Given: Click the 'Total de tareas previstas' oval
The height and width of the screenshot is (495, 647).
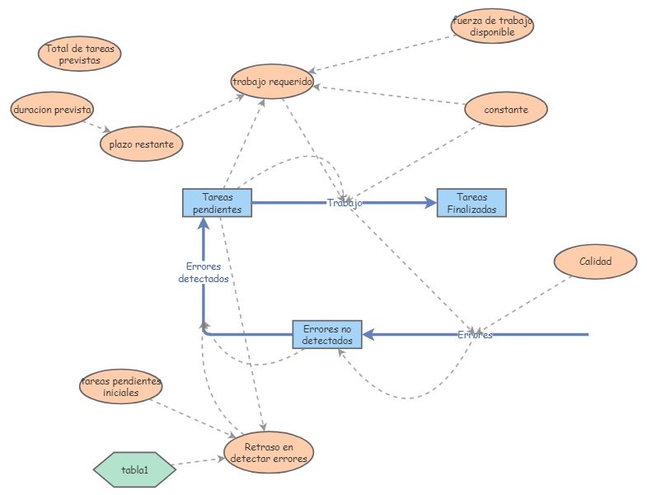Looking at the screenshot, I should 79,55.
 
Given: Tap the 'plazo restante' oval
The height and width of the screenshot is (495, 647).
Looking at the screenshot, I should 141,144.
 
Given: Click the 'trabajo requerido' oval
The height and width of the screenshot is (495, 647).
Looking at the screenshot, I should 272,82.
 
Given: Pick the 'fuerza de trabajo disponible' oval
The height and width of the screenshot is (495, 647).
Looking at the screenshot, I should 493,26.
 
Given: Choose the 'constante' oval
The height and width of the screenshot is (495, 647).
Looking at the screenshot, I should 506,109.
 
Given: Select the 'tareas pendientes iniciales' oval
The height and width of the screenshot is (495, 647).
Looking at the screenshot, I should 120,387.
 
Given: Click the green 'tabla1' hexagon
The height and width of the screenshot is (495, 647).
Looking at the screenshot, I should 134,469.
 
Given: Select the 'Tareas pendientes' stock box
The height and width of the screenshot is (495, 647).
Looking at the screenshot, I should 217,203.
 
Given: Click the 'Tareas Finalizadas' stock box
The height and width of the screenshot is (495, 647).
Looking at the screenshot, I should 471,203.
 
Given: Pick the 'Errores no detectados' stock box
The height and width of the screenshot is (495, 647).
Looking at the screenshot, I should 327,334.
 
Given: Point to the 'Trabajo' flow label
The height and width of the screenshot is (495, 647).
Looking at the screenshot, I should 344,203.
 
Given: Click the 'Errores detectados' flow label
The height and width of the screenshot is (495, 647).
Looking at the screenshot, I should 203,272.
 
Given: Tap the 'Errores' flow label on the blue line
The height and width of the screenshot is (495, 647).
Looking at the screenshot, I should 475,335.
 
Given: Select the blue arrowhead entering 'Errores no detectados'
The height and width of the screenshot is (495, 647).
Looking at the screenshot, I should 369,334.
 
